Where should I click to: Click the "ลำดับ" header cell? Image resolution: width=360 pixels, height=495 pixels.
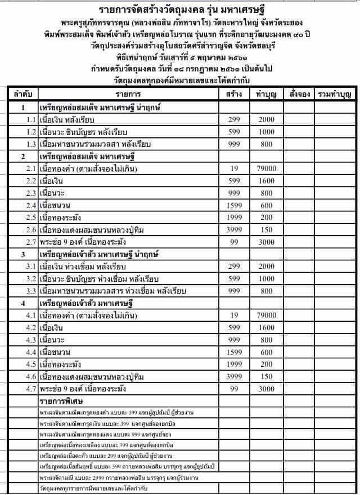pyautogui.click(x=22, y=93)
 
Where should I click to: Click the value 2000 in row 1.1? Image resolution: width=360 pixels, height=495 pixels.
pyautogui.click(x=266, y=119)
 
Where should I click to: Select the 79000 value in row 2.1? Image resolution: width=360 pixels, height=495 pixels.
pyautogui.click(x=266, y=169)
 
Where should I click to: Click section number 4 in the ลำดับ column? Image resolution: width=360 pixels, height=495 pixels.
pyautogui.click(x=22, y=303)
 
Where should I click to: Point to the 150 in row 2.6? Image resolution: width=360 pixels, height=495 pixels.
pyautogui.click(x=266, y=229)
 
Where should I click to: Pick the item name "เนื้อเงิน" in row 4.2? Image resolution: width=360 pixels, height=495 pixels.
pyautogui.click(x=53, y=327)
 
